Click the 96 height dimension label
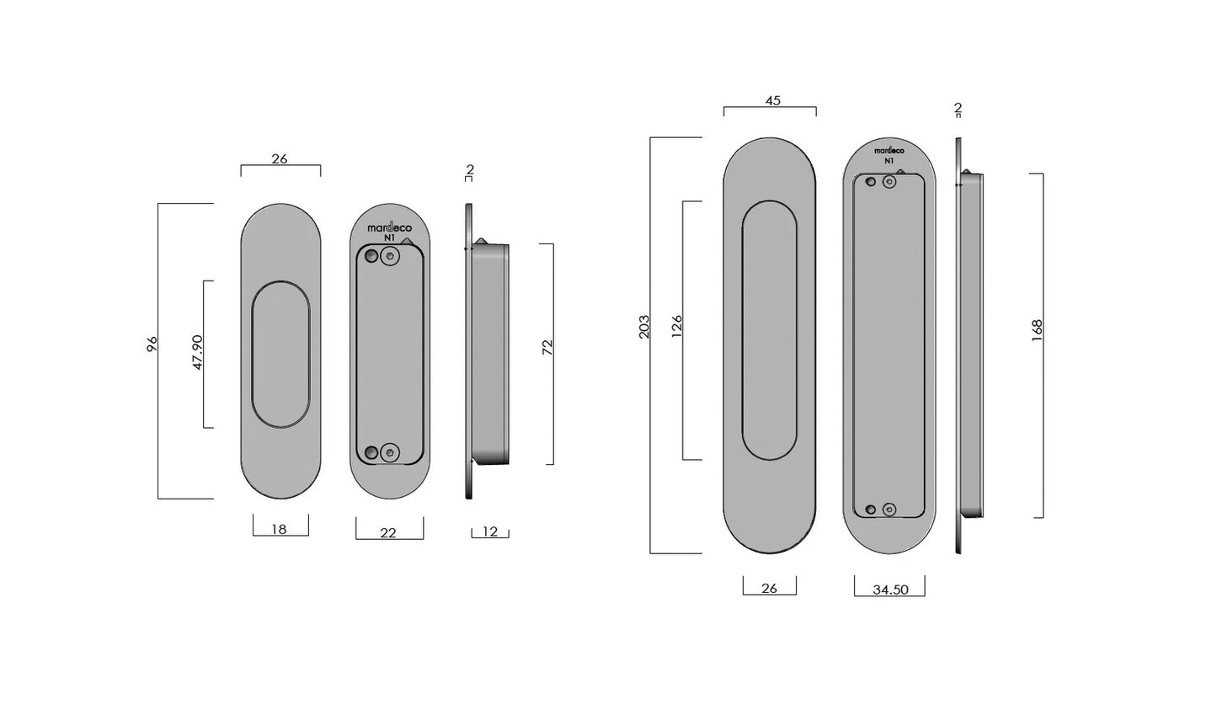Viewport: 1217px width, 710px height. (152, 344)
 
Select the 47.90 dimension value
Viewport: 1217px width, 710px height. (198, 352)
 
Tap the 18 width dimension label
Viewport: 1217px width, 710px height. (280, 529)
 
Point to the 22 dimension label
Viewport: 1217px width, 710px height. (388, 533)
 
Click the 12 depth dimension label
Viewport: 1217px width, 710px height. (490, 531)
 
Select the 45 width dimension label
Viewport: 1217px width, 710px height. (772, 100)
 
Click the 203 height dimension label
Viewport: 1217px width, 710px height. (644, 328)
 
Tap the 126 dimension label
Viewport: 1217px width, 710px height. (676, 327)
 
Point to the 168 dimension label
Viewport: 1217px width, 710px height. (1037, 328)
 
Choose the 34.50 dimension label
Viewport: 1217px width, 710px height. (890, 590)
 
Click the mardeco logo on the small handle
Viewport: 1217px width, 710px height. (389, 227)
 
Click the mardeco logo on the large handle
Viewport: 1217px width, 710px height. (889, 150)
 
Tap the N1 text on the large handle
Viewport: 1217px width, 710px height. (889, 160)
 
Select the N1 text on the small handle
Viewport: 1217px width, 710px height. (389, 238)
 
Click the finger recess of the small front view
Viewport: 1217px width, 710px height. (280, 355)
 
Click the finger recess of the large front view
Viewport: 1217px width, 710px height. (769, 330)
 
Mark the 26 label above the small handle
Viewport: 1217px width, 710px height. (280, 158)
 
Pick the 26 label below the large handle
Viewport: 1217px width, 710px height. (769, 589)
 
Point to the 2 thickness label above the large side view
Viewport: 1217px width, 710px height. (958, 108)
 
